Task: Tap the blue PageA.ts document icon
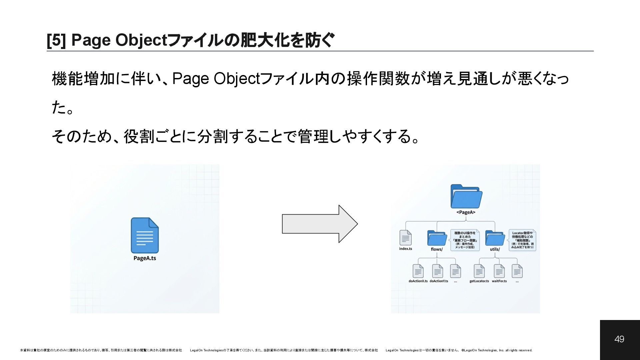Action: (145, 235)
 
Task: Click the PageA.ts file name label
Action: (145, 258)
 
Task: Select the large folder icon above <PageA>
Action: (466, 196)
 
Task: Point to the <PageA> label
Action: (466, 212)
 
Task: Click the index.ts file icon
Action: (405, 237)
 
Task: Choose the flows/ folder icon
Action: (437, 238)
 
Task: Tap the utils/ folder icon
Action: (495, 238)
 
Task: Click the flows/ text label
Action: (437, 249)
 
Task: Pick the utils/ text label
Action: (495, 249)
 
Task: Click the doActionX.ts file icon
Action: (418, 271)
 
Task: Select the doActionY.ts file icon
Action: (438, 271)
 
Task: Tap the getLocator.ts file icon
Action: (479, 271)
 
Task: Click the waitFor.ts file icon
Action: (499, 271)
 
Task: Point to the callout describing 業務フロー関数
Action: (465, 240)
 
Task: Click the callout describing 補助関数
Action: (522, 240)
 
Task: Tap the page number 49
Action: (619, 339)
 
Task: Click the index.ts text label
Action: (405, 249)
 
